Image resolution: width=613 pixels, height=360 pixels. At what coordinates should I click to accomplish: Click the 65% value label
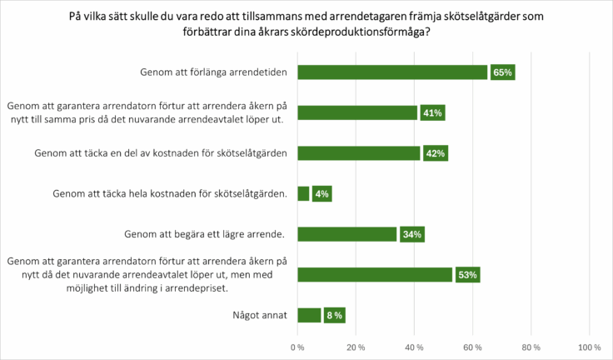(x=502, y=72)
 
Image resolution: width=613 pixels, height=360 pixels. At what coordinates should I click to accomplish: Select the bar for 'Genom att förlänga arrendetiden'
(x=392, y=72)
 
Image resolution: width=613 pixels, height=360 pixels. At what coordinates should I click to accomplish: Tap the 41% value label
(x=432, y=113)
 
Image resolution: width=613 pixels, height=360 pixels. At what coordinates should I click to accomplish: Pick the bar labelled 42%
(x=359, y=153)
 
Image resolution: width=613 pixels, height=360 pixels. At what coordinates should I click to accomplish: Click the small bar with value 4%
(x=303, y=194)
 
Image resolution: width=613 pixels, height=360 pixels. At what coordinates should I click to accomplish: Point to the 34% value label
(x=411, y=234)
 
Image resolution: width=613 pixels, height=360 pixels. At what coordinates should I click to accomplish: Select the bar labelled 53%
(x=375, y=275)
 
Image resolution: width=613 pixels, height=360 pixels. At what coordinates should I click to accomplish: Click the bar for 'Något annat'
(x=309, y=315)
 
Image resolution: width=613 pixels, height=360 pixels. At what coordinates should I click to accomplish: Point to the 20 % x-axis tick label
(x=356, y=347)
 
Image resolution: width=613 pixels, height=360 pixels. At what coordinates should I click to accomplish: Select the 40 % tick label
(x=414, y=347)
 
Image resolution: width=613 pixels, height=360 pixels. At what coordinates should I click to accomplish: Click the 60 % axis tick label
(x=472, y=347)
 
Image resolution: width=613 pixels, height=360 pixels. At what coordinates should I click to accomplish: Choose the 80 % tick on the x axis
(x=531, y=347)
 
